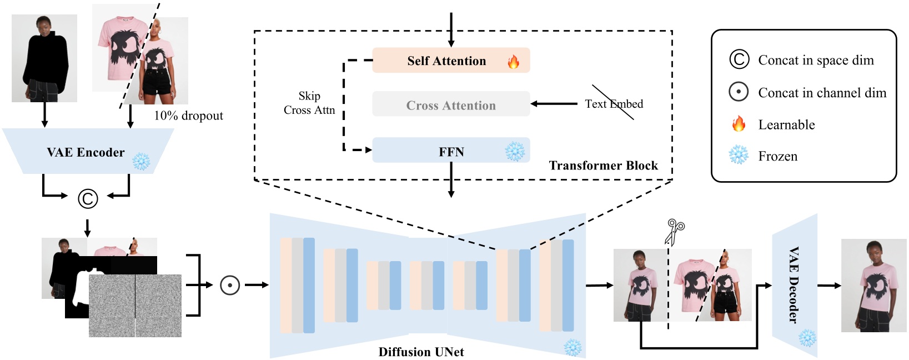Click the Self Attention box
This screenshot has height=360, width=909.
pos(446,61)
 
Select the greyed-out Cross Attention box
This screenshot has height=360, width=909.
pos(451,105)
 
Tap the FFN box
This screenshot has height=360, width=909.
pos(451,151)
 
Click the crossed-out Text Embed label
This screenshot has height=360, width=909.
pos(614,104)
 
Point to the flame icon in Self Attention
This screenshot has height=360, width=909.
pos(514,62)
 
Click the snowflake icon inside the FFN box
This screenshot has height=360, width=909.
pos(515,151)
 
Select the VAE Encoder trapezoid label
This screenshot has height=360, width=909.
pos(86,152)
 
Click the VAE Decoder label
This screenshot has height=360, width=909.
pos(794,284)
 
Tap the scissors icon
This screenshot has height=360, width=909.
pos(675,232)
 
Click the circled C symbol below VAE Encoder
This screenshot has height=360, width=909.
pos(88,198)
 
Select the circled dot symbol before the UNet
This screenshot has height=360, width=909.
pos(230,285)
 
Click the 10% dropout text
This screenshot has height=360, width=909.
pos(188,116)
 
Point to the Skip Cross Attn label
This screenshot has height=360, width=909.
pos(309,103)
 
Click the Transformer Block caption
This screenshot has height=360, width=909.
pos(603,166)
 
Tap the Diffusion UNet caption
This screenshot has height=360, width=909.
pos(421,352)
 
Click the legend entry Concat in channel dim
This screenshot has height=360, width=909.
pos(822,93)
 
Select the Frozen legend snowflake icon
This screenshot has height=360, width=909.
pos(739,155)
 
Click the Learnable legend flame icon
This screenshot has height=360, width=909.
pos(739,123)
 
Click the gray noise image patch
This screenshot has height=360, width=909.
pos(135,306)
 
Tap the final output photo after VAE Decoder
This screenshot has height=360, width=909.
pos(874,286)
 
